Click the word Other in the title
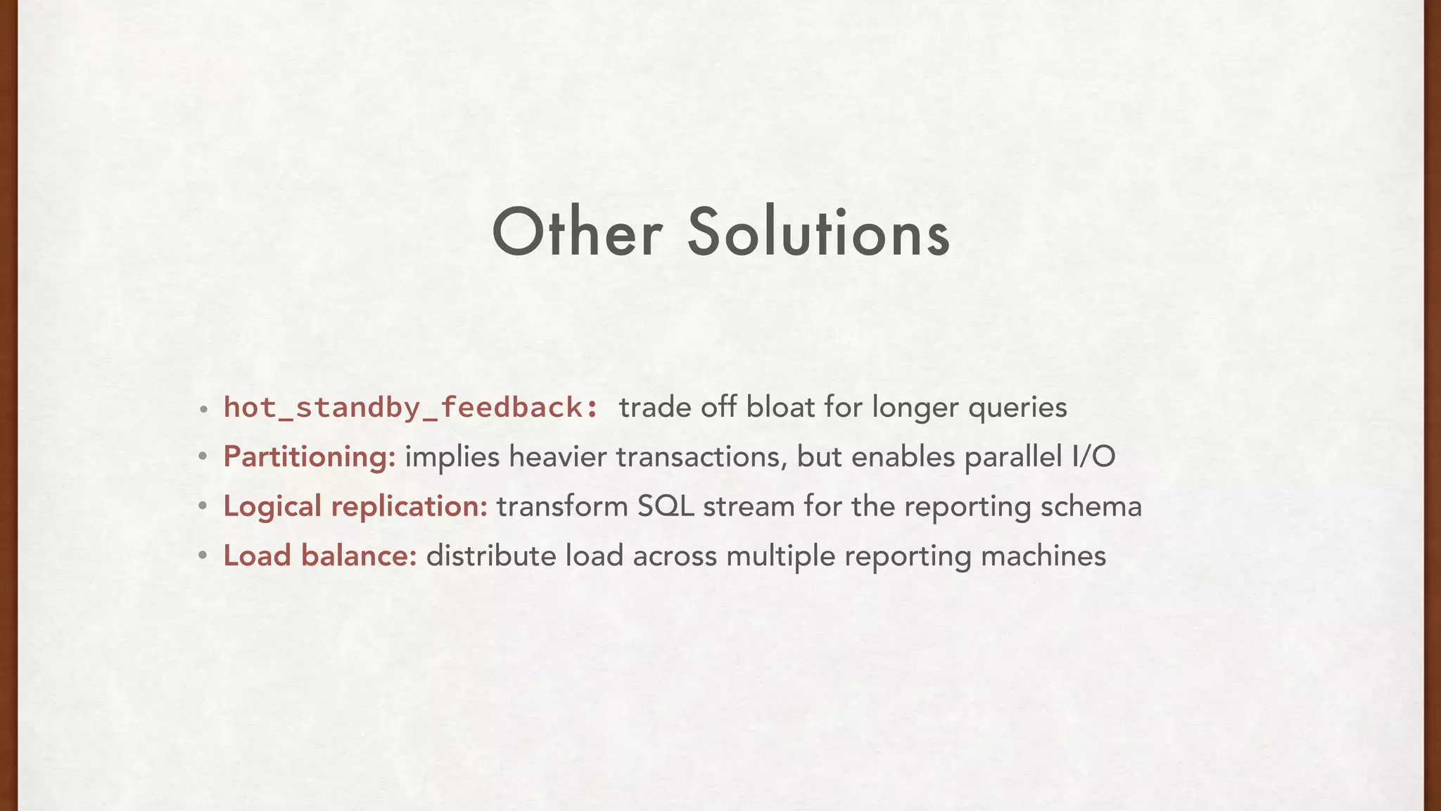click(576, 233)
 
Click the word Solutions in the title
click(818, 233)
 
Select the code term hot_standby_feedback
click(411, 408)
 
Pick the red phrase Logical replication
click(355, 506)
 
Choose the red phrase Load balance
click(320, 555)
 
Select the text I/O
click(1093, 457)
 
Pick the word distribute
click(491, 555)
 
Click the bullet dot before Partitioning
click(203, 458)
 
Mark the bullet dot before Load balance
click(203, 556)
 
